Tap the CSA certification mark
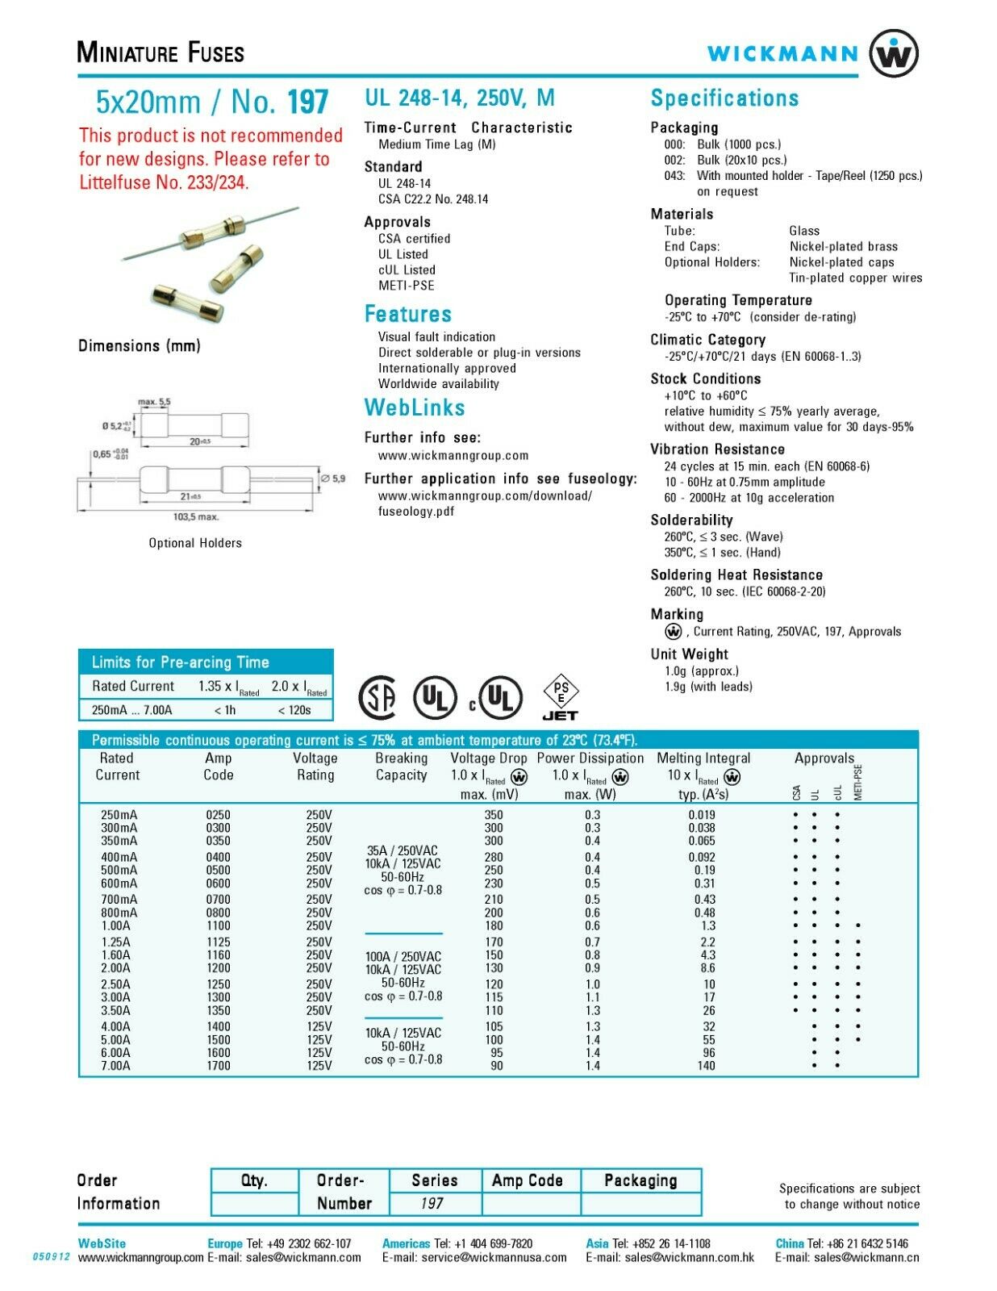point(377,697)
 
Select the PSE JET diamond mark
point(561,697)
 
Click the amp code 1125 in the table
point(218,942)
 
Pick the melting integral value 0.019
point(702,814)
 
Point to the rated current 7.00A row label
point(115,1065)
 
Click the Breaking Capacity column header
point(402,767)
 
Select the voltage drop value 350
point(494,814)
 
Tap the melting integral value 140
point(706,1065)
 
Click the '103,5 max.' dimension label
point(196,517)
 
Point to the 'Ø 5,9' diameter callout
point(332,478)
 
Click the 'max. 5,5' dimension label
point(154,402)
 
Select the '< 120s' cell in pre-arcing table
point(294,710)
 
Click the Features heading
point(408,314)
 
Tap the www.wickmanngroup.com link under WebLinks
point(453,456)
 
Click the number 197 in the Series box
point(432,1203)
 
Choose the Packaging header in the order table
point(640,1180)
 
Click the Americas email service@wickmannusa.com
point(474,1257)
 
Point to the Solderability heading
point(692,520)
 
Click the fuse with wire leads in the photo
point(211,233)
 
